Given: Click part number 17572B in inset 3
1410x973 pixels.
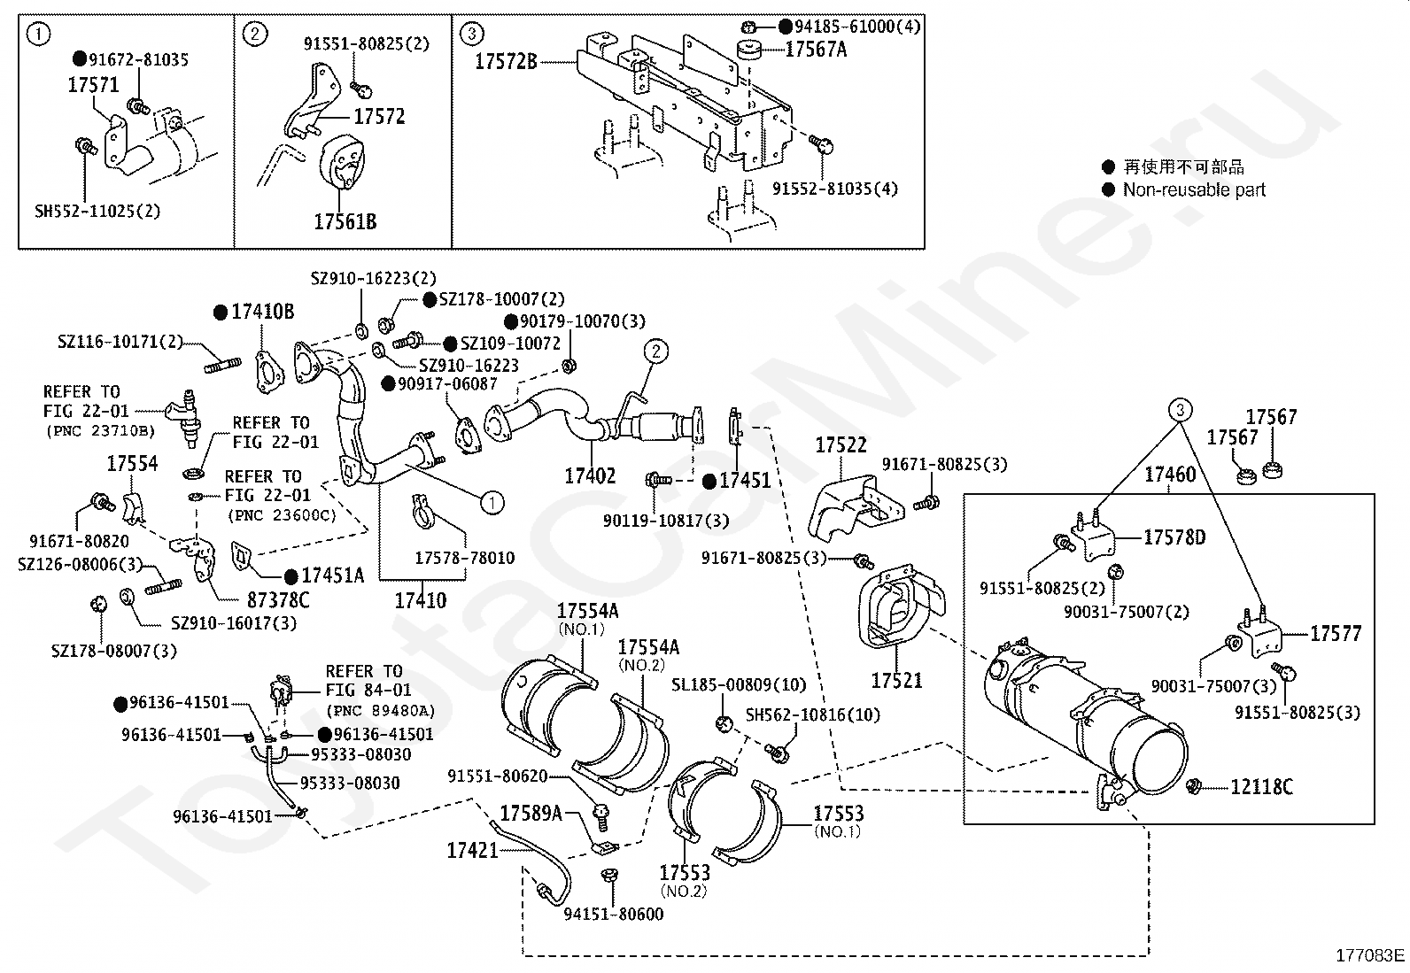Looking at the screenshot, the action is click(506, 61).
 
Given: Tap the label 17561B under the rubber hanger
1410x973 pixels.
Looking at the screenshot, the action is click(345, 221).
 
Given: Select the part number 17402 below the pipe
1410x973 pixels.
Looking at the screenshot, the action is click(590, 475).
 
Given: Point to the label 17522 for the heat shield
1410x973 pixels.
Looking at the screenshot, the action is click(841, 445).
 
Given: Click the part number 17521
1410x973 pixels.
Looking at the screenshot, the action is click(896, 680).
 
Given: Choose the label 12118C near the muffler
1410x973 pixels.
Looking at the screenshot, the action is click(1261, 786).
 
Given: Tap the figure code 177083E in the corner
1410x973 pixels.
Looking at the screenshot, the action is click(1370, 955).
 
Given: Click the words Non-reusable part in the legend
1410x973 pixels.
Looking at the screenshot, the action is click(1194, 189).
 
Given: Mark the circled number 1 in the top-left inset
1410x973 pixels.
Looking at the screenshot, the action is click(38, 34).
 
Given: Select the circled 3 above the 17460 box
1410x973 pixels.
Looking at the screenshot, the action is click(1181, 410).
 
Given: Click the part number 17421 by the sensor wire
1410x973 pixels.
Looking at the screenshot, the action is click(472, 851).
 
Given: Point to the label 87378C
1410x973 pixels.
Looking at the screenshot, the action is click(278, 599).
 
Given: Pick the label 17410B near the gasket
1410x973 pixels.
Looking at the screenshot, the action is click(262, 312).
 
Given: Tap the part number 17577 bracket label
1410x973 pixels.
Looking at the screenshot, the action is click(1336, 633).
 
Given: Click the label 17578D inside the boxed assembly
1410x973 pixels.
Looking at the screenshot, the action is click(1174, 537).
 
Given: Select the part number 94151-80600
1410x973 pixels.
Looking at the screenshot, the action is click(614, 914).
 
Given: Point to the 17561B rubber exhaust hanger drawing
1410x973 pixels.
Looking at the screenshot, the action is click(342, 161).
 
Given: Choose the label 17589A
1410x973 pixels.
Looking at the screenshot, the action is click(531, 813).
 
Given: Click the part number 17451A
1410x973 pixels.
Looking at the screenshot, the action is click(333, 575).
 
